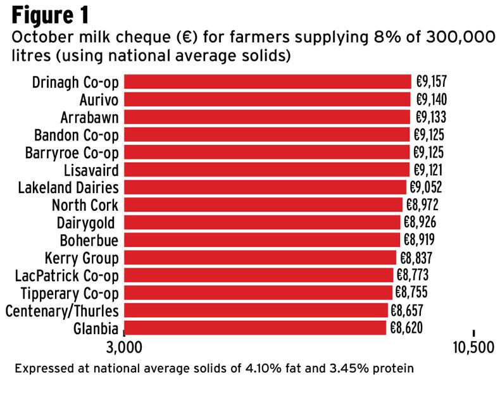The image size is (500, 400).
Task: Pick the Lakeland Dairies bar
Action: click(x=265, y=187)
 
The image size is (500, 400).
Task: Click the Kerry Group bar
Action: click(x=260, y=258)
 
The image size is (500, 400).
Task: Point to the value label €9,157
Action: click(x=432, y=82)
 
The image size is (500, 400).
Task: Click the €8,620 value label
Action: click(x=407, y=327)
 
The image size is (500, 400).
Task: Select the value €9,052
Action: click(x=426, y=187)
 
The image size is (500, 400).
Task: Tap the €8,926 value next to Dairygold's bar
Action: click(x=420, y=222)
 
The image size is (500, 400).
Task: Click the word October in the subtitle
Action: click(x=45, y=38)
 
